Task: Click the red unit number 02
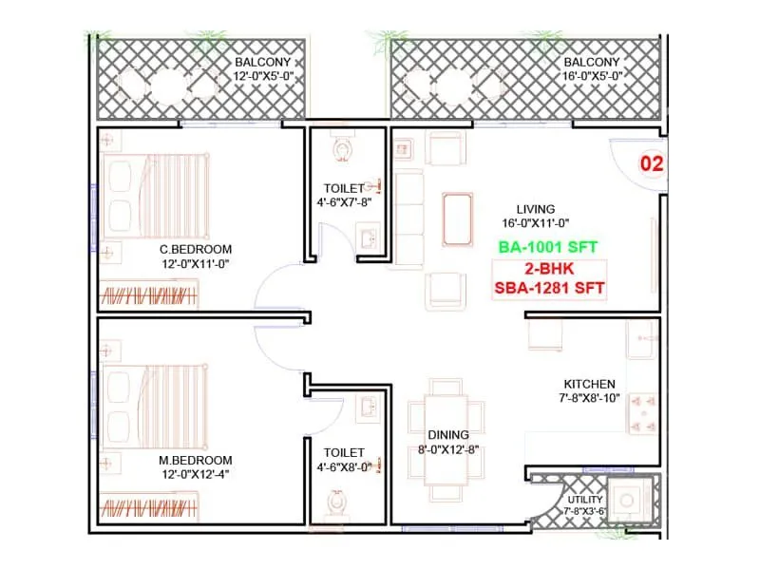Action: [651, 163]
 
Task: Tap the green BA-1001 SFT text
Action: [547, 246]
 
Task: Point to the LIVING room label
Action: [536, 209]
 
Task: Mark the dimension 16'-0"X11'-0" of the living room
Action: [535, 224]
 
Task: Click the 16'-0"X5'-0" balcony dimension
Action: [592, 76]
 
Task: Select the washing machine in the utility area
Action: [628, 501]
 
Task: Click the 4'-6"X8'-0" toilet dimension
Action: [351, 467]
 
